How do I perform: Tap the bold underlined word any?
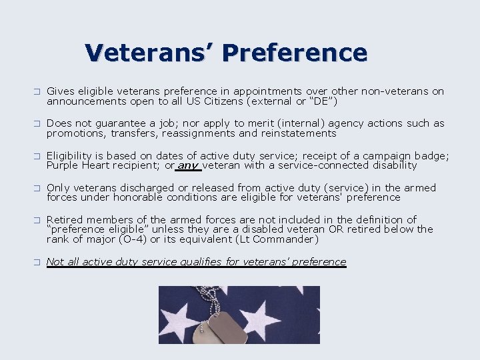tap(188, 165)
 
